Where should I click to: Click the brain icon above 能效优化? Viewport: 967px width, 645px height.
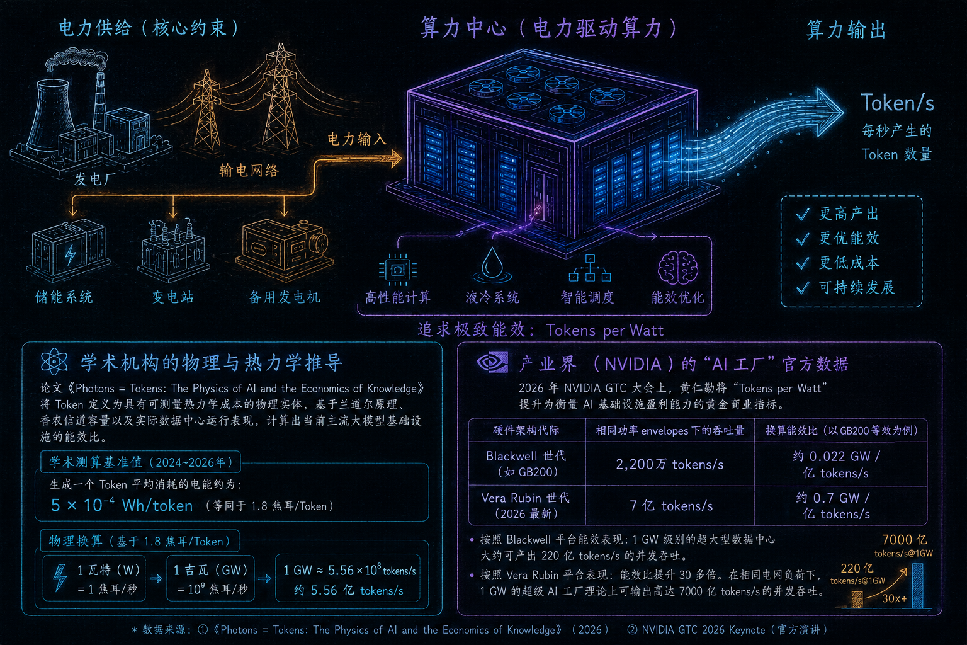pos(678,268)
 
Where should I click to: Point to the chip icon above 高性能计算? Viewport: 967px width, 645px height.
pos(398,270)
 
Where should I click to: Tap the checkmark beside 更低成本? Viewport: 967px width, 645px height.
pos(803,263)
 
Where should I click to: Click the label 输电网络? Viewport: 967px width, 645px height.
pos(249,171)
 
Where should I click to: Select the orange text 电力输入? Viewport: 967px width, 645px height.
pos(356,139)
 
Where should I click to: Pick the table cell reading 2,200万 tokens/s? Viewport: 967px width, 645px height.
pos(670,464)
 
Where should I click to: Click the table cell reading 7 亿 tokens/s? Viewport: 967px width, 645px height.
pos(670,505)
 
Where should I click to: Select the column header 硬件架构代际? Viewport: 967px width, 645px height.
pos(526,430)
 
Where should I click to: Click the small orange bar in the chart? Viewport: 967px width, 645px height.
pos(857,600)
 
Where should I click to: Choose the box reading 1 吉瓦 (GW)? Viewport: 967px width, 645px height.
pos(211,578)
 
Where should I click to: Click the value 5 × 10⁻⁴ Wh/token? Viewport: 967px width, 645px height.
pos(122,505)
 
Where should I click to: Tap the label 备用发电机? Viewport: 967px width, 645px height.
pos(285,297)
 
